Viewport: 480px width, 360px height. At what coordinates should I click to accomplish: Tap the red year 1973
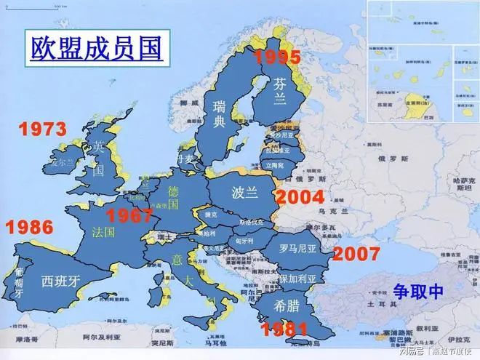pos(42,129)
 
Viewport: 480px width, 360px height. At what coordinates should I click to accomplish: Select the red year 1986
pos(29,226)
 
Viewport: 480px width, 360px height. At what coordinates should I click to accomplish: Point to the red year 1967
pos(129,215)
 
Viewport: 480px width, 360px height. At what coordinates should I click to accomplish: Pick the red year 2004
pos(300,197)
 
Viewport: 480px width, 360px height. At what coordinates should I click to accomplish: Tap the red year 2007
pos(356,254)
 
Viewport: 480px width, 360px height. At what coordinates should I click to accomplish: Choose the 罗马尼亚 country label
pos(299,247)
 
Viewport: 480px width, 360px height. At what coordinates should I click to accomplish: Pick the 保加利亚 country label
pos(297,279)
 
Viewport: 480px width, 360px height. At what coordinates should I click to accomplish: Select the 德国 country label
pos(173,198)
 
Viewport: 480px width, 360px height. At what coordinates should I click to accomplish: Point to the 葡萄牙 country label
pos(19,279)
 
